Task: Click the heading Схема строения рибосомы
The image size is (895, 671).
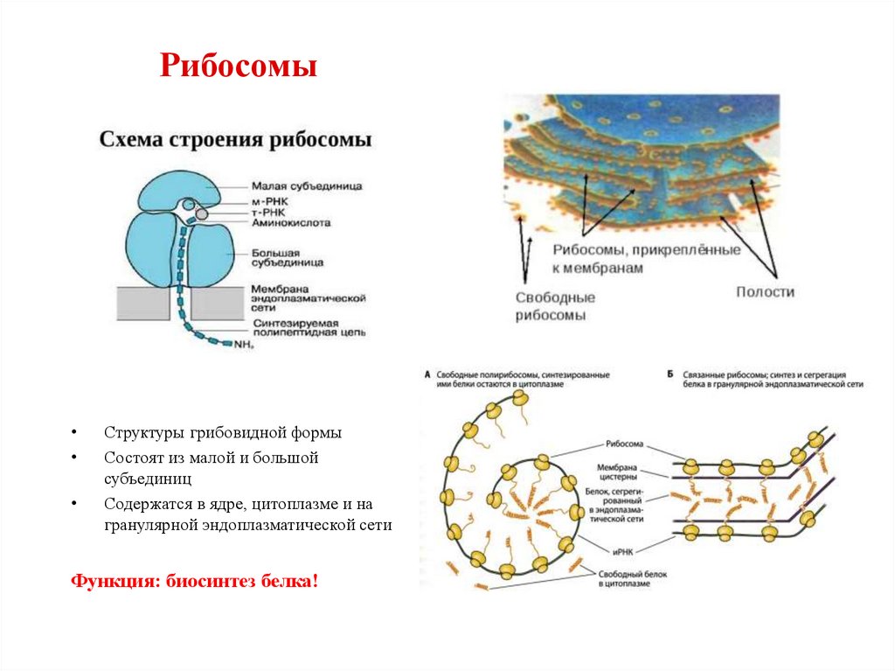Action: (x=235, y=140)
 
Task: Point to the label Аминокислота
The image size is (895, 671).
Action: (x=290, y=223)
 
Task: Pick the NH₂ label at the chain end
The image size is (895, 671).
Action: (x=244, y=345)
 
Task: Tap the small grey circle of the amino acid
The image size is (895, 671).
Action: (x=201, y=213)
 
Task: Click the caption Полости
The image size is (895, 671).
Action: (x=765, y=291)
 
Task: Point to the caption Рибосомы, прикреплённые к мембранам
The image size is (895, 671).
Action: (x=646, y=259)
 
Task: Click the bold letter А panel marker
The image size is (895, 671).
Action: (x=427, y=374)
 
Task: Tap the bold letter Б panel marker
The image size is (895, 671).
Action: (x=669, y=374)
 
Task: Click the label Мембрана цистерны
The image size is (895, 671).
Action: (x=622, y=471)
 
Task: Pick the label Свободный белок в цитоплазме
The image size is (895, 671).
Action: (x=622, y=578)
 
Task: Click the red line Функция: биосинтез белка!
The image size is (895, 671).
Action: (x=195, y=581)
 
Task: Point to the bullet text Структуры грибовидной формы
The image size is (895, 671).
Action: (x=223, y=433)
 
